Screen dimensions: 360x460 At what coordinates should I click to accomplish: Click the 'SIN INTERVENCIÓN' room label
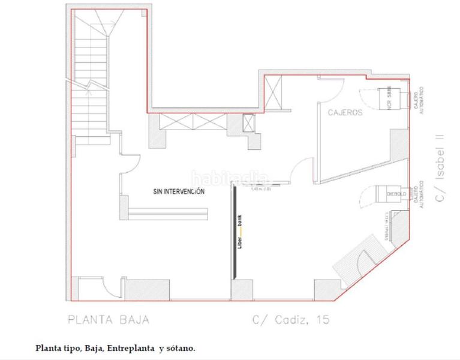click(x=179, y=191)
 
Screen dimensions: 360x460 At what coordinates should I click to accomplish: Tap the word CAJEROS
click(x=344, y=112)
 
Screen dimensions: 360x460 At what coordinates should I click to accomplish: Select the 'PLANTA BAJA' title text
click(x=108, y=319)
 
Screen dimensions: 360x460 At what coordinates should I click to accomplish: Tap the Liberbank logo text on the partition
click(x=240, y=237)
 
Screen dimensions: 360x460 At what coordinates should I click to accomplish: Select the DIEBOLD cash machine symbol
click(x=391, y=194)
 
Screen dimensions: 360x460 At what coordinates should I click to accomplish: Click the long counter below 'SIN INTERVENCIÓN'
click(x=168, y=213)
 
